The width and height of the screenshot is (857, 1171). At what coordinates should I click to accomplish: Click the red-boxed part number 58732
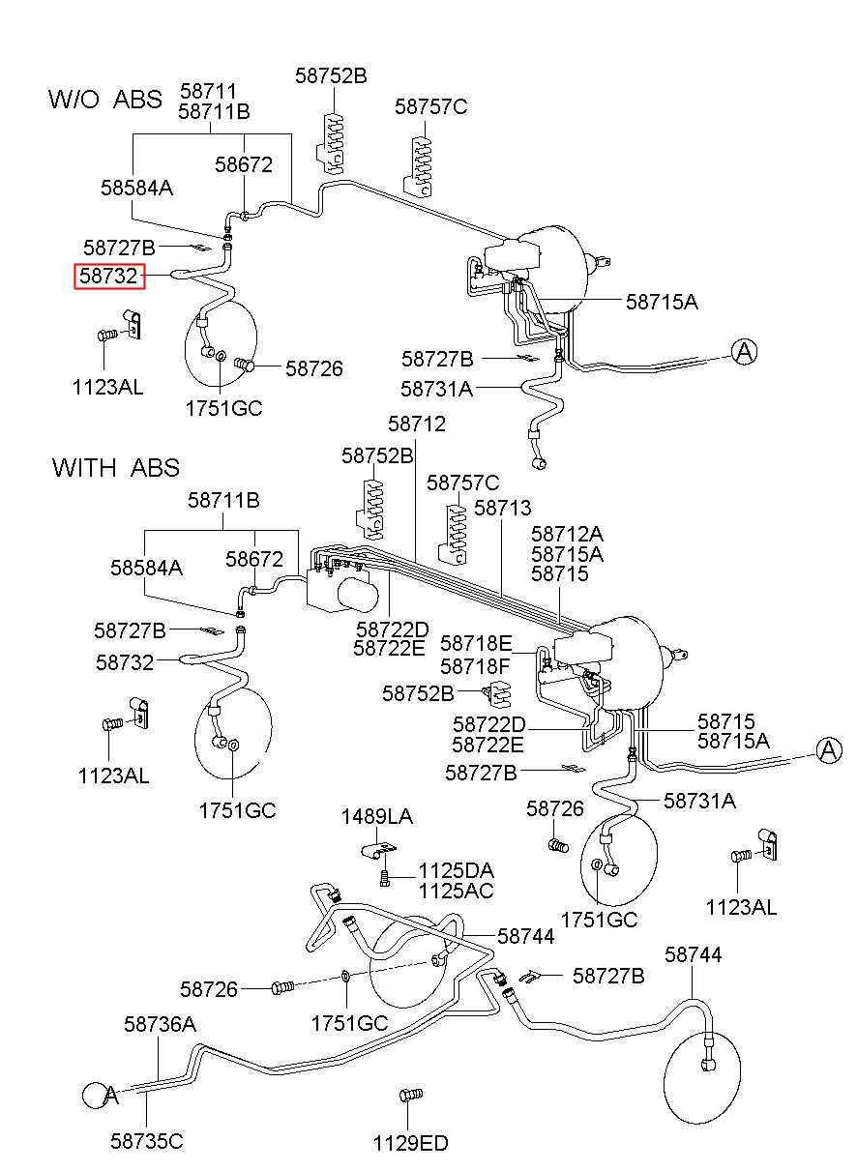108,276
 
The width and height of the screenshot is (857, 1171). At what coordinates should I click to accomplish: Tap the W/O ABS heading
105,99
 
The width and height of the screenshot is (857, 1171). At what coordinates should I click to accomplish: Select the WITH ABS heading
115,467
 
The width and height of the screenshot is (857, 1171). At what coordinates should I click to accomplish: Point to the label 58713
502,508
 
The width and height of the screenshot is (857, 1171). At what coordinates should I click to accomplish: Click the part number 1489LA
377,816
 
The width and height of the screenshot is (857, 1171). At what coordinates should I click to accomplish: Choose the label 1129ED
410,1144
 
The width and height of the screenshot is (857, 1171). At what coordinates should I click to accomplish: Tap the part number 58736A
160,1025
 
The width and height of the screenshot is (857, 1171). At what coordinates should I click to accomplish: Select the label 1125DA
456,870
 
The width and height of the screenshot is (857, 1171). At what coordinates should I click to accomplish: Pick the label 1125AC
456,891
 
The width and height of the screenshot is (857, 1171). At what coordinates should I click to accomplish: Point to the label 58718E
476,643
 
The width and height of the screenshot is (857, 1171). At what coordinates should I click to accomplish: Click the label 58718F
475,666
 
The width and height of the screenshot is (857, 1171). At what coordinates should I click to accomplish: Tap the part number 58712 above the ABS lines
417,424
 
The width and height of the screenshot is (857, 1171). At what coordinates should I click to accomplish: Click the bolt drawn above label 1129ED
410,1095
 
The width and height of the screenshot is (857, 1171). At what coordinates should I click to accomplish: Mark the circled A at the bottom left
97,1095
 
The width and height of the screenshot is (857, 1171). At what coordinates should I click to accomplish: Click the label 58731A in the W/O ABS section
436,389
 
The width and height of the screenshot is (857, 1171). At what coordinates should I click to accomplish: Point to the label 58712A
568,534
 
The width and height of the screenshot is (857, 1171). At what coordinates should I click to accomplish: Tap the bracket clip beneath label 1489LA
378,850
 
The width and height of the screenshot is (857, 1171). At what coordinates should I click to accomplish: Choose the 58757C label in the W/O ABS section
430,106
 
